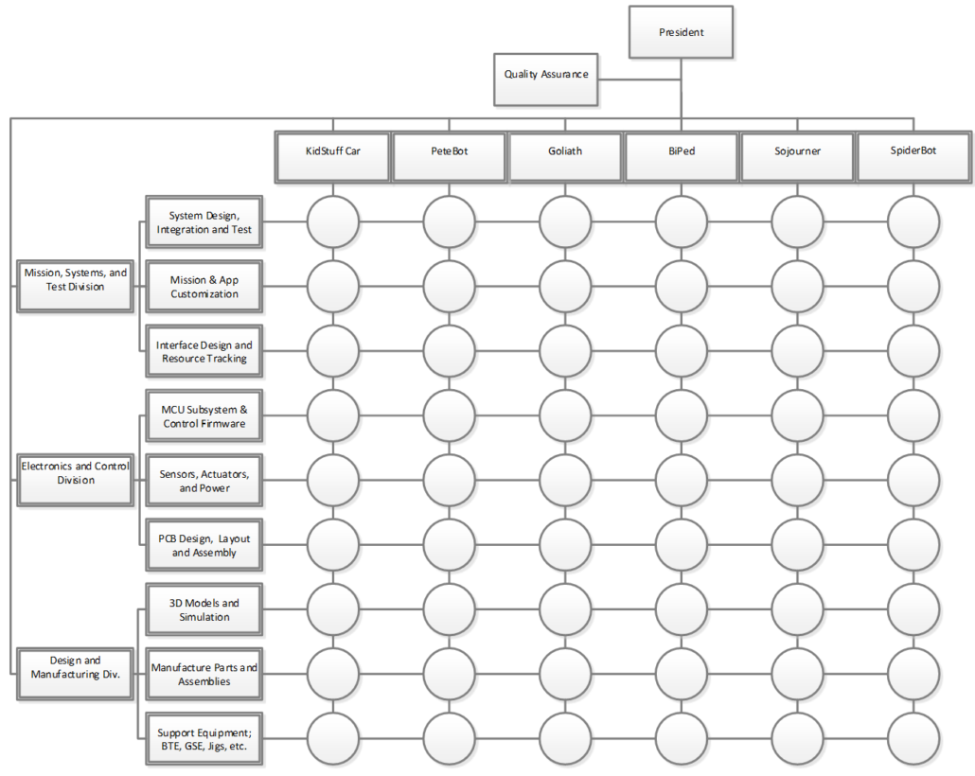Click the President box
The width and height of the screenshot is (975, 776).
pyautogui.click(x=681, y=32)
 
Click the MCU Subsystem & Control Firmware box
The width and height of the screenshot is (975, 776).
pyautogui.click(x=204, y=416)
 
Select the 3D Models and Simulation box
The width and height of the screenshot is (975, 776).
pyautogui.click(x=204, y=609)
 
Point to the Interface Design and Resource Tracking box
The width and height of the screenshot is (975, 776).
pyautogui.click(x=204, y=351)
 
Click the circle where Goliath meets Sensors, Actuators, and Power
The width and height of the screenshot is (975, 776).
pyautogui.click(x=565, y=481)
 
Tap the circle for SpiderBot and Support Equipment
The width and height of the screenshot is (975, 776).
pyautogui.click(x=913, y=739)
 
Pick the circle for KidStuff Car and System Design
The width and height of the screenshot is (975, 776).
pyautogui.click(x=332, y=222)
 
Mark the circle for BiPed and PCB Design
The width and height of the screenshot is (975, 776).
pyautogui.click(x=682, y=545)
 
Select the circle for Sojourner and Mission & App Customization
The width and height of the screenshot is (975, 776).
pyautogui.click(x=798, y=287)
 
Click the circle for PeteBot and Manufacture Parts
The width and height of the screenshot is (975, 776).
pyautogui.click(x=449, y=674)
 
